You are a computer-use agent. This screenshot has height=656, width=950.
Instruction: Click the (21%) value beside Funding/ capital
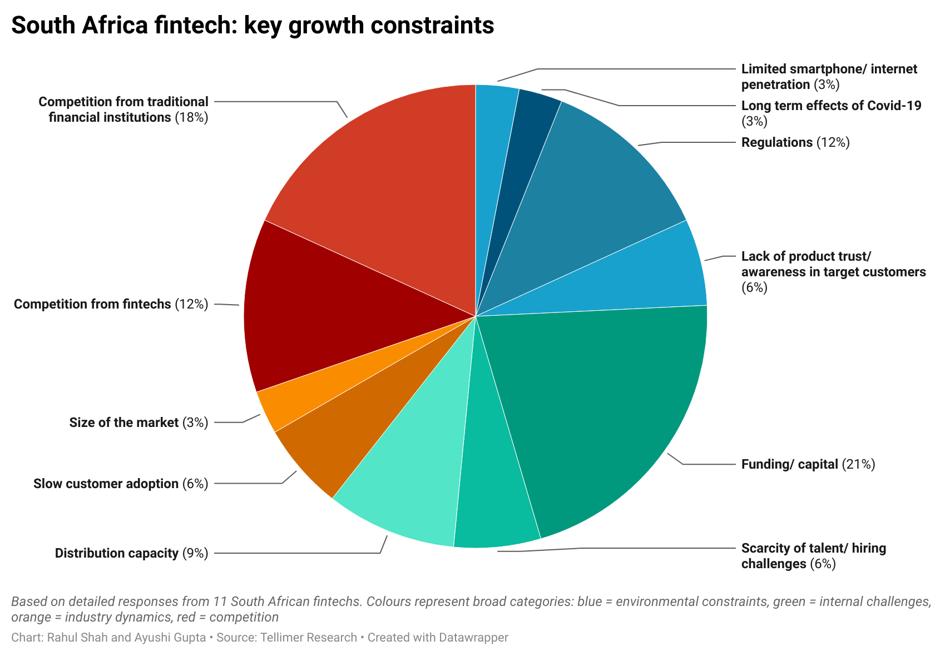pos(858,464)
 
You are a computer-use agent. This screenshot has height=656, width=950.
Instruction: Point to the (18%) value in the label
pos(191,118)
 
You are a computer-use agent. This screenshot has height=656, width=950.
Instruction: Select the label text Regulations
pos(776,142)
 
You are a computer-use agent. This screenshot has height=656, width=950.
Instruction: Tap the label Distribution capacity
pos(116,553)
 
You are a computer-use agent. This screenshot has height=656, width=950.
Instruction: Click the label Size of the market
pos(124,423)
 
